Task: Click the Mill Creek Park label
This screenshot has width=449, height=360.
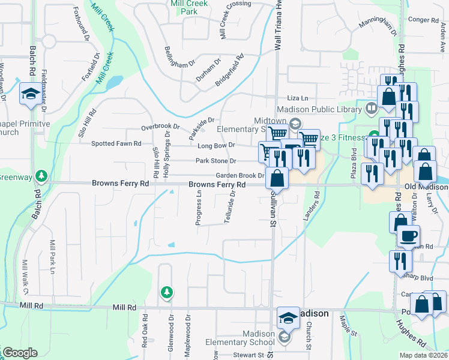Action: click(189, 7)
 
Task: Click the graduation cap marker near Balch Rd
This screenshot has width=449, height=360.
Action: click(29, 94)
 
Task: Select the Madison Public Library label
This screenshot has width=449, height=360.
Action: click(319, 109)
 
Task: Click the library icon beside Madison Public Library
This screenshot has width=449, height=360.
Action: click(371, 109)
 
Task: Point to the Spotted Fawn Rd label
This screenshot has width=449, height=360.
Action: click(116, 144)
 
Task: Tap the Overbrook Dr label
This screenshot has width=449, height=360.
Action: click(160, 127)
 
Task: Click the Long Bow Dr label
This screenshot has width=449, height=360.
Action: click(215, 145)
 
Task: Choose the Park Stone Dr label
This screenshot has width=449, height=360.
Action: click(216, 161)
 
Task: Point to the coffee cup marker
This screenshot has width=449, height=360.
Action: click(408, 235)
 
